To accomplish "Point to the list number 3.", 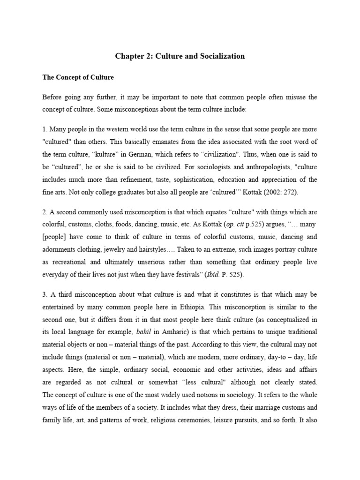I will tap(45, 295).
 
